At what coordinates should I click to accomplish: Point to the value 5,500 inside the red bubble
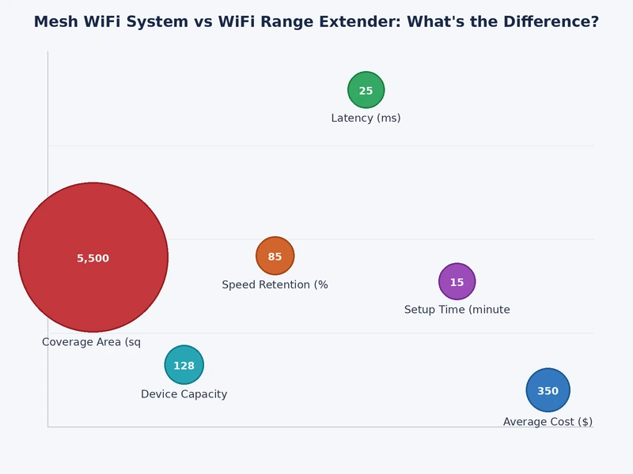pyautogui.click(x=93, y=258)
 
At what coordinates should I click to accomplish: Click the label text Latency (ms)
pyautogui.click(x=366, y=118)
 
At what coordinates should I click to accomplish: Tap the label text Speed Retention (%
pyautogui.click(x=275, y=285)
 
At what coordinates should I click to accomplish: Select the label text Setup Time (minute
pyautogui.click(x=457, y=310)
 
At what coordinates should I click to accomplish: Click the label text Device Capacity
pyautogui.click(x=184, y=394)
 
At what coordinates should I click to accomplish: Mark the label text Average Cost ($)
pyautogui.click(x=548, y=422)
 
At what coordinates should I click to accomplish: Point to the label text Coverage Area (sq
pyautogui.click(x=91, y=342)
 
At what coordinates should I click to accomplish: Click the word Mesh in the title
pyautogui.click(x=55, y=22)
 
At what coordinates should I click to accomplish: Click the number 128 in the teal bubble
pyautogui.click(x=184, y=366)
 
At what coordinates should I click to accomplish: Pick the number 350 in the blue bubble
pyautogui.click(x=548, y=391)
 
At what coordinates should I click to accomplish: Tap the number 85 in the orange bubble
pyautogui.click(x=275, y=257)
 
